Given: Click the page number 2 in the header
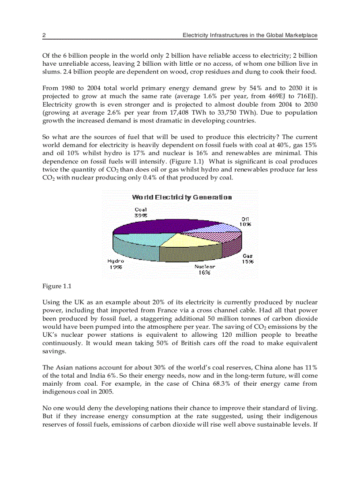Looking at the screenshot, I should point(44,35).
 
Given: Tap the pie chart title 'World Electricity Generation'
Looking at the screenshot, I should point(182,197).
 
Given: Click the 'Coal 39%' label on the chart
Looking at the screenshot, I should point(141,212).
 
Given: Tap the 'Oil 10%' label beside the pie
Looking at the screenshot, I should point(245,221).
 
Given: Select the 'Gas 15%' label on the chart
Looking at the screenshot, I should point(247,258).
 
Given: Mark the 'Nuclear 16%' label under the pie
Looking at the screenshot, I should point(205,269).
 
